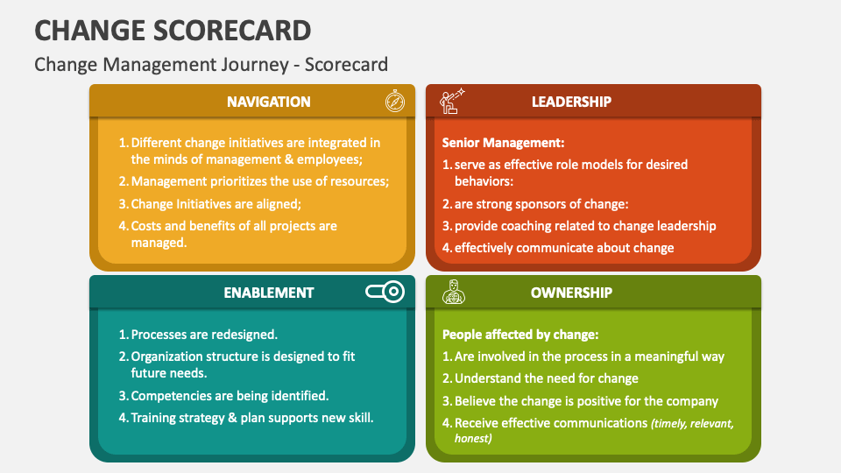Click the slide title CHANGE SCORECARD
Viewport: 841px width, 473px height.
point(173,31)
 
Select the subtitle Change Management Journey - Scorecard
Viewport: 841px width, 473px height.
point(210,65)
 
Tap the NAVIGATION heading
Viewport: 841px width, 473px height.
point(268,102)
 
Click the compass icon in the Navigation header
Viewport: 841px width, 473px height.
point(395,102)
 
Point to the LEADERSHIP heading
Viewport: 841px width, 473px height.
point(571,102)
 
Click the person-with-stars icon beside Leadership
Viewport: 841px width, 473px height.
point(451,102)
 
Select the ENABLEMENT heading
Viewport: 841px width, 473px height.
point(268,293)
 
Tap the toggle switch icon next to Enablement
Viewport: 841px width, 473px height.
point(385,292)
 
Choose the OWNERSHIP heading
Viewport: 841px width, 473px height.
point(571,293)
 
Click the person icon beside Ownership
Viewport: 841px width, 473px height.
point(453,292)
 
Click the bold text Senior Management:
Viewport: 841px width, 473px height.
point(503,142)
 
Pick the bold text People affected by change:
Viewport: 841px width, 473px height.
point(519,334)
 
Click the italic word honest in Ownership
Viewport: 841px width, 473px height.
point(473,438)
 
